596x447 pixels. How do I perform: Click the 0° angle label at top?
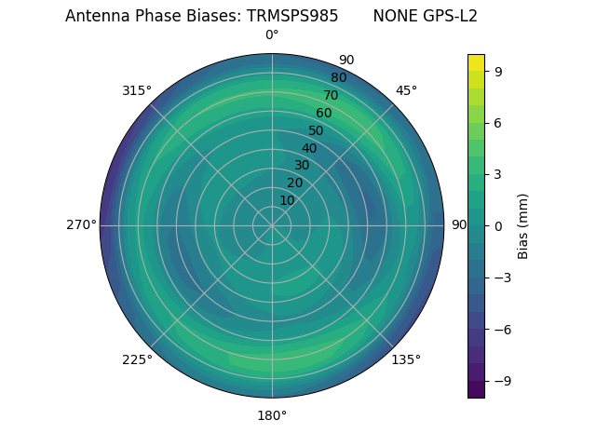[x=272, y=35]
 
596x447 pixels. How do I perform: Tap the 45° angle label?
[x=406, y=91]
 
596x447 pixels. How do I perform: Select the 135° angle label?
[x=406, y=359]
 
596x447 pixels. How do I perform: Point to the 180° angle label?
[x=272, y=415]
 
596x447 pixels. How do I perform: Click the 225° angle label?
[x=137, y=360]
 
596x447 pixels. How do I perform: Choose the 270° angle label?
[x=81, y=225]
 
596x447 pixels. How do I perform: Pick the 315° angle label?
[x=137, y=91]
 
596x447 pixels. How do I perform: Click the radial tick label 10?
[x=287, y=200]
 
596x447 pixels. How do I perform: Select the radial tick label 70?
[x=331, y=96]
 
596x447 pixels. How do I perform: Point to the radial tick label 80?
[x=338, y=78]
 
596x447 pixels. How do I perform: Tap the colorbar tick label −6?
[x=500, y=329]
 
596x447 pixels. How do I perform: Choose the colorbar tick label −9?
[x=500, y=381]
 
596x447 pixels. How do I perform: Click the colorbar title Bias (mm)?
[x=523, y=225]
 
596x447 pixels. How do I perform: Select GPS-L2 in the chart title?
[x=445, y=17]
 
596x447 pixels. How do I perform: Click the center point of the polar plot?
[x=272, y=225]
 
